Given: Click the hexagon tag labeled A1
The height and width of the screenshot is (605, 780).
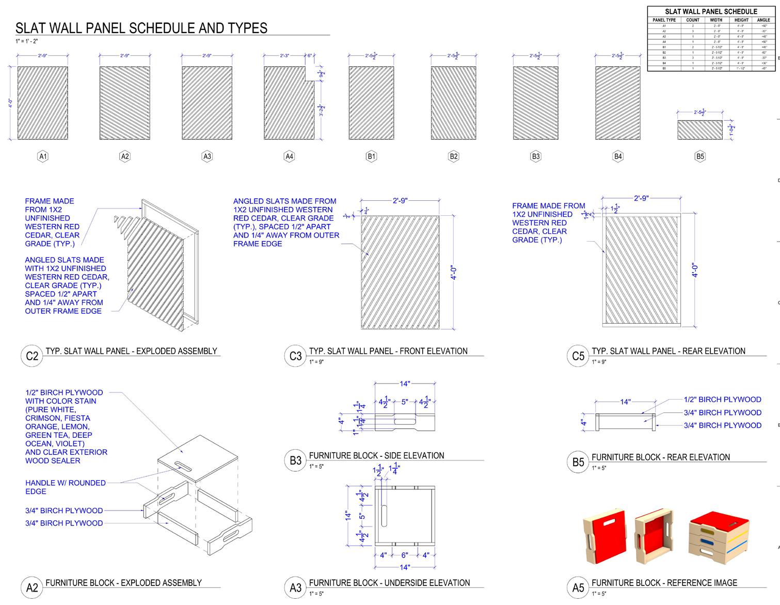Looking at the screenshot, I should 43,156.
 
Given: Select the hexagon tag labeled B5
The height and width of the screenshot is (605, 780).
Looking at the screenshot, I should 700,156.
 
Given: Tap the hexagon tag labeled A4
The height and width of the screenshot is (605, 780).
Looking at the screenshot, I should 289,156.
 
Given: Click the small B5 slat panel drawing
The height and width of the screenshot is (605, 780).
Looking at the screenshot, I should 699,130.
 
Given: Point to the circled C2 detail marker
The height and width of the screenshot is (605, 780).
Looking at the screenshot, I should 32,356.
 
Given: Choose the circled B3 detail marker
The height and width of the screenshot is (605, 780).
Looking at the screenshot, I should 295,460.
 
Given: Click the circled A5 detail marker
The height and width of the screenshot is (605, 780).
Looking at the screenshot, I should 578,587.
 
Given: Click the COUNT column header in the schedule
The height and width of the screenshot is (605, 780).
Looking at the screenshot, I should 693,20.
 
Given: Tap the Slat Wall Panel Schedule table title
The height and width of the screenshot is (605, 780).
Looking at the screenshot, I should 711,11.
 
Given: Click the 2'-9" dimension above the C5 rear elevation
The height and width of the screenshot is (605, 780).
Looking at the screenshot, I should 641,198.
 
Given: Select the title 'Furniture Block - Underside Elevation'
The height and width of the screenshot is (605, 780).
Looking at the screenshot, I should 389,583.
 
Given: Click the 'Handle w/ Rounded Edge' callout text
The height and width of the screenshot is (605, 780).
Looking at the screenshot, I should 66,487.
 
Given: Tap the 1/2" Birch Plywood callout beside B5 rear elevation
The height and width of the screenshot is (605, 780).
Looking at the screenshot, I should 722,400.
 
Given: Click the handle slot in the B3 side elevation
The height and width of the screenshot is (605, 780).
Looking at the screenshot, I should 405,422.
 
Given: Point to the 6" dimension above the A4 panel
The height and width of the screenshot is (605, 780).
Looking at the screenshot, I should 309,55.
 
